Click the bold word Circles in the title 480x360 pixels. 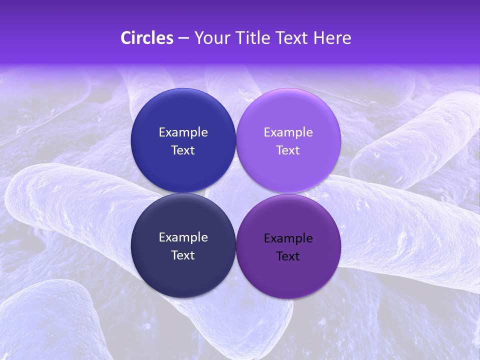click(x=146, y=38)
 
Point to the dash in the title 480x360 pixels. click(x=183, y=38)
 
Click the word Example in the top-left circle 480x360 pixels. click(x=183, y=132)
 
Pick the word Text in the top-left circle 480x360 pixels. click(x=183, y=150)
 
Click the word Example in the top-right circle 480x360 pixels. click(x=288, y=132)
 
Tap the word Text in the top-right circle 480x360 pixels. click(x=288, y=150)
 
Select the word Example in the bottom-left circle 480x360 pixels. click(x=183, y=237)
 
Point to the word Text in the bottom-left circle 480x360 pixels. click(x=183, y=255)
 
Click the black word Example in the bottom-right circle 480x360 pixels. click(x=288, y=238)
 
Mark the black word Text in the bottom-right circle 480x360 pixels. click(x=288, y=256)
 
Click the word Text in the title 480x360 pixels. click(x=293, y=38)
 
